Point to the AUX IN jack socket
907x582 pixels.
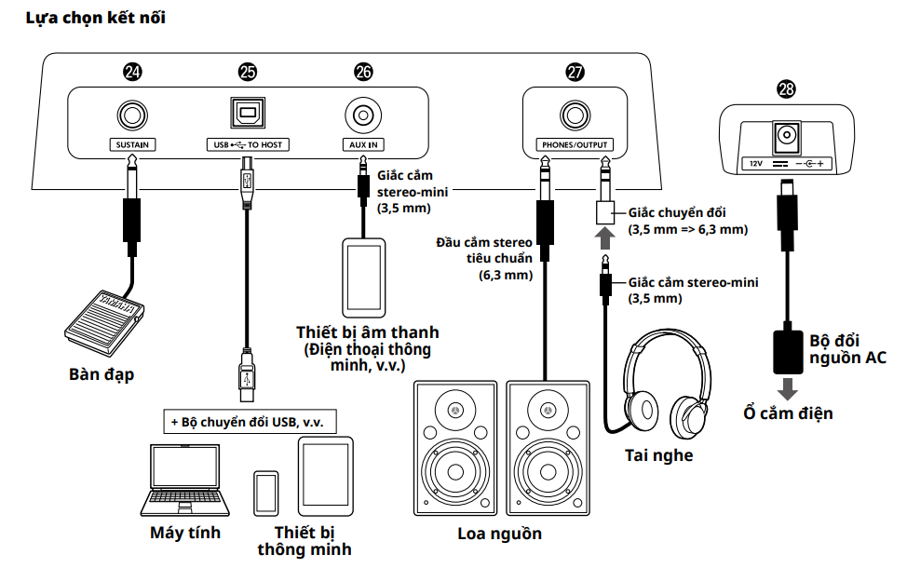coord(362,116)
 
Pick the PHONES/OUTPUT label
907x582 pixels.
coord(575,145)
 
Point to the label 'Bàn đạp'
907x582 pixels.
coord(102,374)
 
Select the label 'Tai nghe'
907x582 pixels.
coord(657,455)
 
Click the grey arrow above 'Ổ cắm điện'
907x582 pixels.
coord(787,386)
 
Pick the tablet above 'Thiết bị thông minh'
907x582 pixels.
coord(325,476)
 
